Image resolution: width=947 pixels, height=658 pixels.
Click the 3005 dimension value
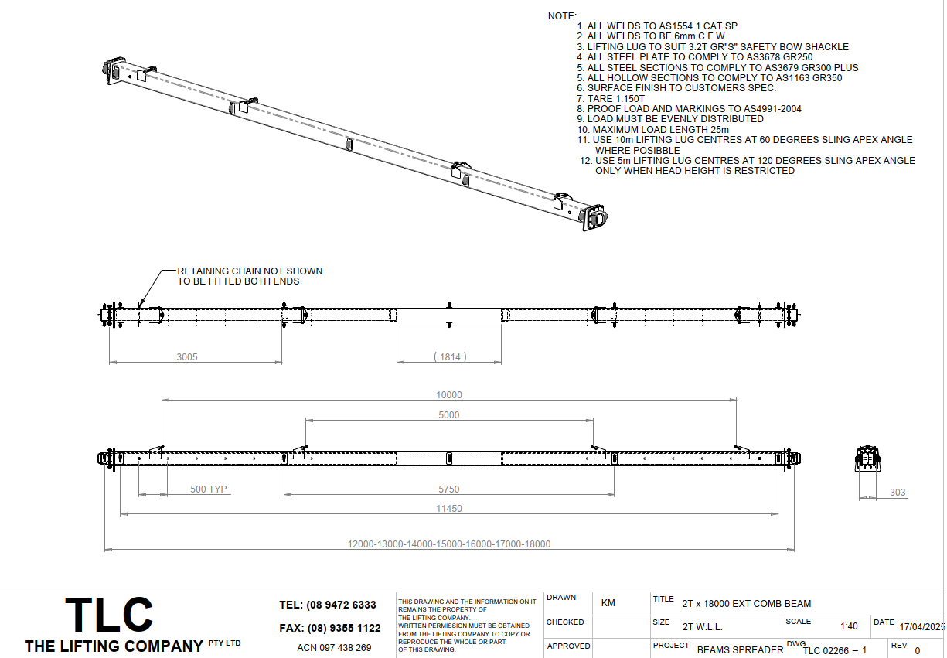point(187,357)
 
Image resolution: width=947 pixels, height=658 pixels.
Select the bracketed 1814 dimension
point(450,357)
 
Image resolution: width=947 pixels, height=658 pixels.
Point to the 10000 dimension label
point(449,395)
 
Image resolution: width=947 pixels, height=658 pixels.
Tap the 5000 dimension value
point(448,415)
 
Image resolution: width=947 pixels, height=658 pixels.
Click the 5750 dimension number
point(448,489)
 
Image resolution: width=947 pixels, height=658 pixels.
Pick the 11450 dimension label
point(449,509)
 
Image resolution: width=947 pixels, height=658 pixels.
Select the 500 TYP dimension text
point(209,489)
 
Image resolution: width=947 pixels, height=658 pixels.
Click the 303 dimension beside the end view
point(898,493)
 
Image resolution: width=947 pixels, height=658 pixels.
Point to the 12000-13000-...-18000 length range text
point(449,544)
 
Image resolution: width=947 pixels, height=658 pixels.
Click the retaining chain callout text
point(250,276)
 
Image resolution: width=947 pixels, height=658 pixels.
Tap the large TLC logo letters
point(109,615)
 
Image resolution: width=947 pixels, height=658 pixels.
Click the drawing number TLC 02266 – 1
point(835,650)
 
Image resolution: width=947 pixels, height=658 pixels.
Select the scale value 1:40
point(849,626)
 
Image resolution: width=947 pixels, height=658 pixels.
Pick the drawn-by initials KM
point(608,603)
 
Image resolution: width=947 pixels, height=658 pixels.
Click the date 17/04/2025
point(922,627)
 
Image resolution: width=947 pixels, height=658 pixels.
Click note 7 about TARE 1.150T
point(611,98)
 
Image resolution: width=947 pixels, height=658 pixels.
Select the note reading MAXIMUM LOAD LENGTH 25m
point(652,129)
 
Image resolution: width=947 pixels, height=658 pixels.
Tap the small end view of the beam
point(867,459)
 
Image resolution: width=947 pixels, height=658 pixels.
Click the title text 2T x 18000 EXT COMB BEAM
point(747,603)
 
